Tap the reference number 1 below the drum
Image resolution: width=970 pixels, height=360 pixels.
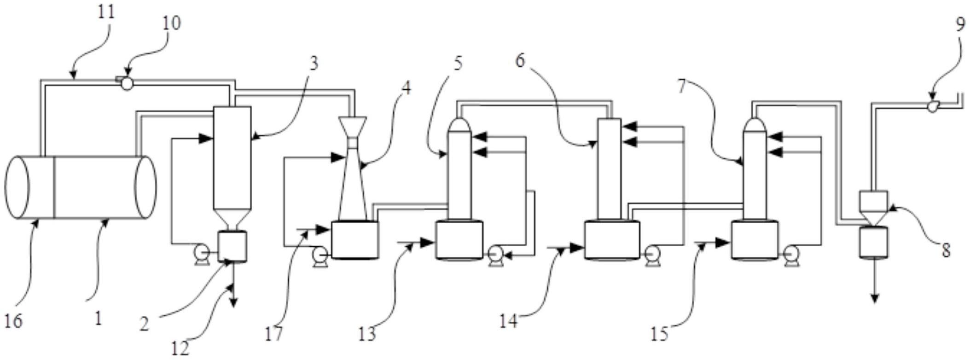98,318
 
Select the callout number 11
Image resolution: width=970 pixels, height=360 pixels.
106,11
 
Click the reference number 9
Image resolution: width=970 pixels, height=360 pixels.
959,23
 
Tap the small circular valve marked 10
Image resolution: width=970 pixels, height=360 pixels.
127,83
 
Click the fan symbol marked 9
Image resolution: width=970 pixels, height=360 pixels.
932,107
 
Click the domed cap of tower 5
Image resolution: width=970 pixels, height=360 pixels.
459,124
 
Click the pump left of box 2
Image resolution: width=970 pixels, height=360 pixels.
201,255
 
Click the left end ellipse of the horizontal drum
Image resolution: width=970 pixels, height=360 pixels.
17,188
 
